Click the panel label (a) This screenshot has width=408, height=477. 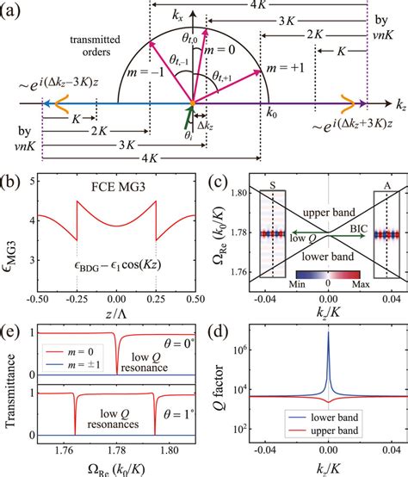click(x=15, y=13)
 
